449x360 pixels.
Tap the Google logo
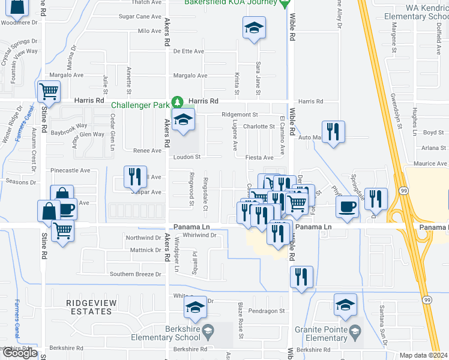[19, 353]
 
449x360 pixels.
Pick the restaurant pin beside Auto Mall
[333, 131]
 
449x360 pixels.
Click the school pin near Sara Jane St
[253, 28]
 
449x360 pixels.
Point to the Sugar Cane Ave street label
[140, 17]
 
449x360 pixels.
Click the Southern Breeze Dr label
[136, 274]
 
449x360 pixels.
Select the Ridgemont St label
[239, 114]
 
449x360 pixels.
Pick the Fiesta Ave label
[259, 158]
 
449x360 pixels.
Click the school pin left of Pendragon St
[195, 307]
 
